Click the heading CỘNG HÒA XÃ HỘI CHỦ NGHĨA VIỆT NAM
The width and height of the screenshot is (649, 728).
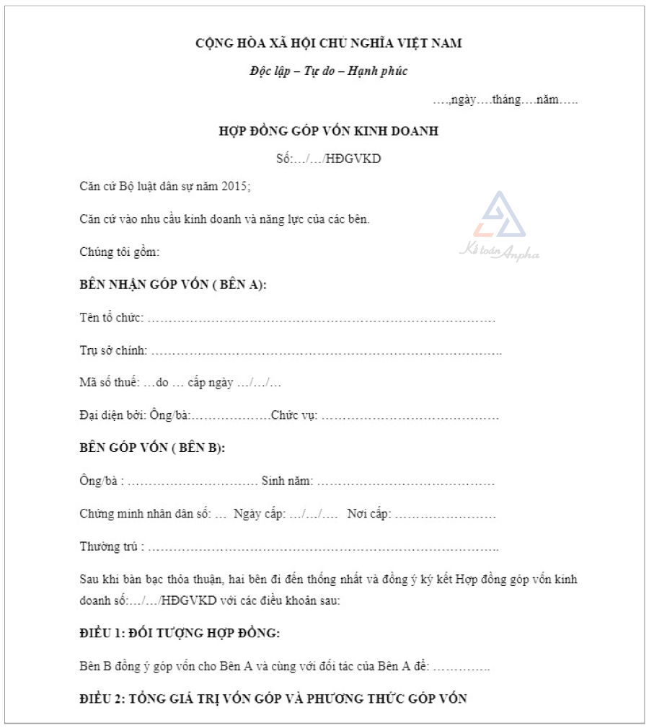pos(328,43)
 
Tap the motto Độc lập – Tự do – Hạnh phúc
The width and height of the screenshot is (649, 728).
pos(328,71)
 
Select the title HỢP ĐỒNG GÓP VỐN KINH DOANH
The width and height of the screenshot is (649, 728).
pos(328,131)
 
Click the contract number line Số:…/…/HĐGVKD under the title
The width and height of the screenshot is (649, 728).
pos(328,159)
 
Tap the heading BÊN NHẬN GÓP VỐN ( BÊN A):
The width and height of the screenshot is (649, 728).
pos(173,285)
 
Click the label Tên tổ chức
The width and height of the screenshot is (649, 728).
pos(111,318)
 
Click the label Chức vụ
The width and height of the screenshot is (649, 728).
pos(293,416)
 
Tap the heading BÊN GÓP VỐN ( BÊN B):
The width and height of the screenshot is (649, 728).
pos(152,448)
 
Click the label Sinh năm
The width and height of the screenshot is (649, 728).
pos(286,481)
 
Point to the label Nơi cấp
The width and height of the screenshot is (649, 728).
pos(368,514)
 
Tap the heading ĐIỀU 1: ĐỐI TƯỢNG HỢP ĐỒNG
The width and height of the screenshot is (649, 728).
pos(180,634)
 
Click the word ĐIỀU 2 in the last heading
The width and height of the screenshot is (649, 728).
pos(100,698)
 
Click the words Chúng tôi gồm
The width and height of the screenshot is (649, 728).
pos(119,252)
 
